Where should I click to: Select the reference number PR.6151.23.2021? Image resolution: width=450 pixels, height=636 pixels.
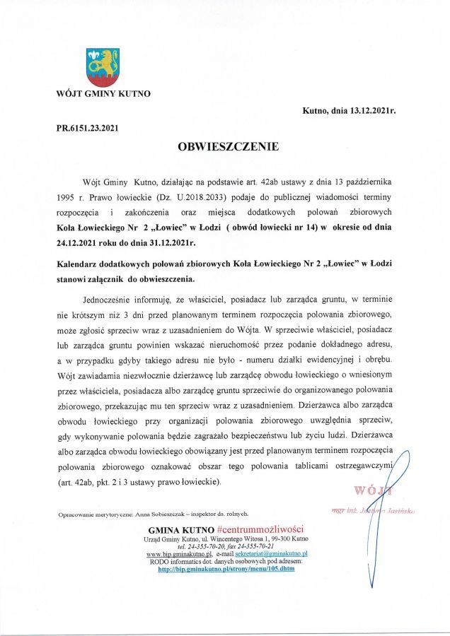(88, 127)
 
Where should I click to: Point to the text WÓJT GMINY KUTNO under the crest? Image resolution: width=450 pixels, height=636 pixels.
(103, 93)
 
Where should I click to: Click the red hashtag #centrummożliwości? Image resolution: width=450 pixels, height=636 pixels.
(260, 529)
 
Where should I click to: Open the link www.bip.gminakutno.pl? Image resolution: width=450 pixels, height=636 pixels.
(175, 555)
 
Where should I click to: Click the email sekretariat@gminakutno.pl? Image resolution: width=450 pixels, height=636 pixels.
(266, 555)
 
